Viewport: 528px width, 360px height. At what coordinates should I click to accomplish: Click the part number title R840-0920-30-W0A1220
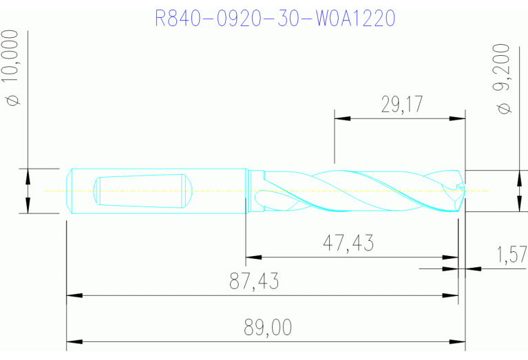275,17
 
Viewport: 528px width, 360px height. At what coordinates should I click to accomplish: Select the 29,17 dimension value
401,105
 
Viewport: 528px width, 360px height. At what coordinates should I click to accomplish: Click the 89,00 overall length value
268,328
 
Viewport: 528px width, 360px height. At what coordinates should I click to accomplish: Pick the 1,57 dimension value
511,255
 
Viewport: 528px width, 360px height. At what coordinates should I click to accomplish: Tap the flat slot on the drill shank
142,191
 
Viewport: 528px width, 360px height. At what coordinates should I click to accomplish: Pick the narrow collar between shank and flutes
254,191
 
